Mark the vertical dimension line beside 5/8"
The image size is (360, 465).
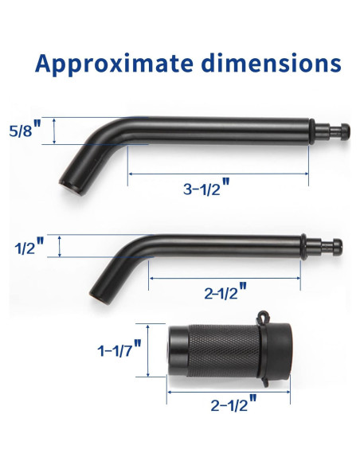[x=53, y=131]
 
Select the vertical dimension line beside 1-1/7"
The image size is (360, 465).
[x=149, y=350]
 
